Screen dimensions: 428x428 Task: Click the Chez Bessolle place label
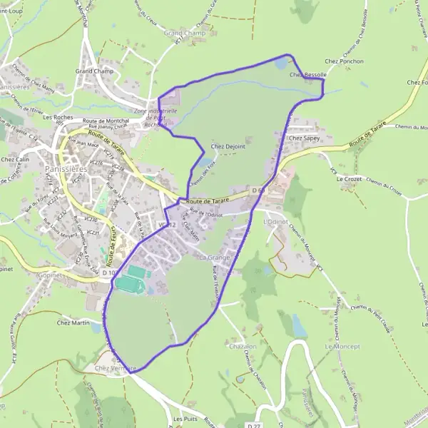[307, 75]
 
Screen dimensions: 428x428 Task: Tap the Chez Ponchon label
[347, 61]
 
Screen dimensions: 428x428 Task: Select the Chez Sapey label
[303, 137]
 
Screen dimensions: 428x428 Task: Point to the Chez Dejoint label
[228, 146]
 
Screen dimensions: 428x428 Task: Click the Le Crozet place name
[350, 178]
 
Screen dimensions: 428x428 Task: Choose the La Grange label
[214, 257]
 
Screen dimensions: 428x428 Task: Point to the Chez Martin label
[73, 322]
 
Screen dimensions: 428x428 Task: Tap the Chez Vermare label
[115, 367]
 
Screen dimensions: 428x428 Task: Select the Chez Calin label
[15, 159]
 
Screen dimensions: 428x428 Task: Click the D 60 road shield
[258, 190]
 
